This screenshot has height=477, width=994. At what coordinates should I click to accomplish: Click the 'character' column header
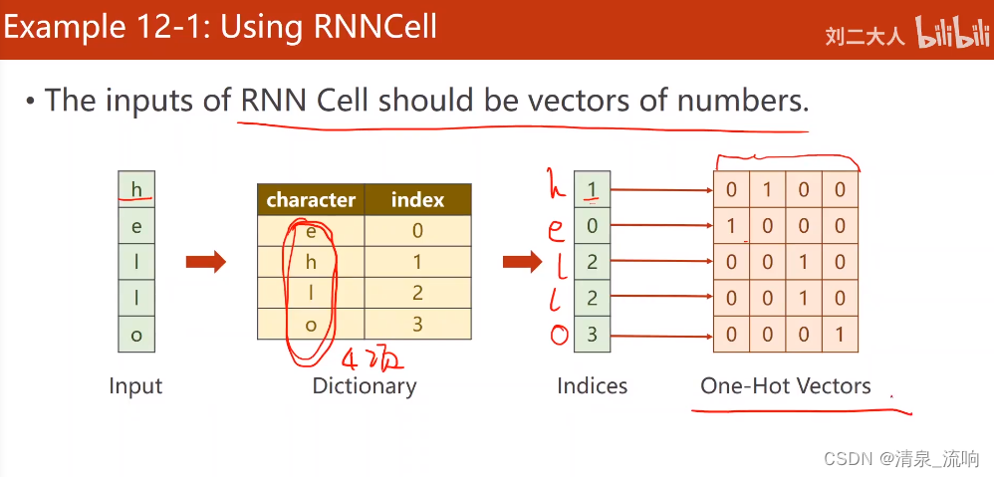pyautogui.click(x=311, y=200)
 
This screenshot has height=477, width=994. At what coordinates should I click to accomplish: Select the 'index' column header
pyautogui.click(x=417, y=200)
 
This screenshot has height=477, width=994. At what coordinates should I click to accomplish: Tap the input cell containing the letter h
pyautogui.click(x=136, y=189)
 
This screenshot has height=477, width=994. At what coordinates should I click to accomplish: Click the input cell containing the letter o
pyautogui.click(x=136, y=335)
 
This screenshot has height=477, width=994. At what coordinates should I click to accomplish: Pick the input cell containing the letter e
pyautogui.click(x=136, y=226)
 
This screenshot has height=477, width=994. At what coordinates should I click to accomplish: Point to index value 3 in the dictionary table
pyautogui.click(x=417, y=323)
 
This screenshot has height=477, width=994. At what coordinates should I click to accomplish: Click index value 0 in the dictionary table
pyautogui.click(x=417, y=231)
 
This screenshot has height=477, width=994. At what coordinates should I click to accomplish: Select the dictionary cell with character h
pyautogui.click(x=311, y=262)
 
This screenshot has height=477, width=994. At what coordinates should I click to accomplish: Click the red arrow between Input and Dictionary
pyautogui.click(x=205, y=262)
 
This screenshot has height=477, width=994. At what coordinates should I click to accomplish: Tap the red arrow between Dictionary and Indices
pyautogui.click(x=522, y=262)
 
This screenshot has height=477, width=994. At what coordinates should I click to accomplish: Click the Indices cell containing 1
pyautogui.click(x=592, y=189)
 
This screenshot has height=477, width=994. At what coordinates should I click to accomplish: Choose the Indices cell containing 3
pyautogui.click(x=592, y=335)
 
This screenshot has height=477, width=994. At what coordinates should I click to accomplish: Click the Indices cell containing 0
pyautogui.click(x=592, y=226)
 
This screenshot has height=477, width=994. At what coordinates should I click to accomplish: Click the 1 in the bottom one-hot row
pyautogui.click(x=840, y=335)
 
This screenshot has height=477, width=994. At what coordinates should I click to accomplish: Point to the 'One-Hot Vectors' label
pyautogui.click(x=785, y=386)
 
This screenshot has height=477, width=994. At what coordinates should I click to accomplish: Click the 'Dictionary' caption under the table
pyautogui.click(x=365, y=386)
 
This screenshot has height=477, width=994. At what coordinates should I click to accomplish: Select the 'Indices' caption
pyautogui.click(x=592, y=386)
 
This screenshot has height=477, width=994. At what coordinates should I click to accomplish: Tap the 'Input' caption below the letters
pyautogui.click(x=135, y=386)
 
